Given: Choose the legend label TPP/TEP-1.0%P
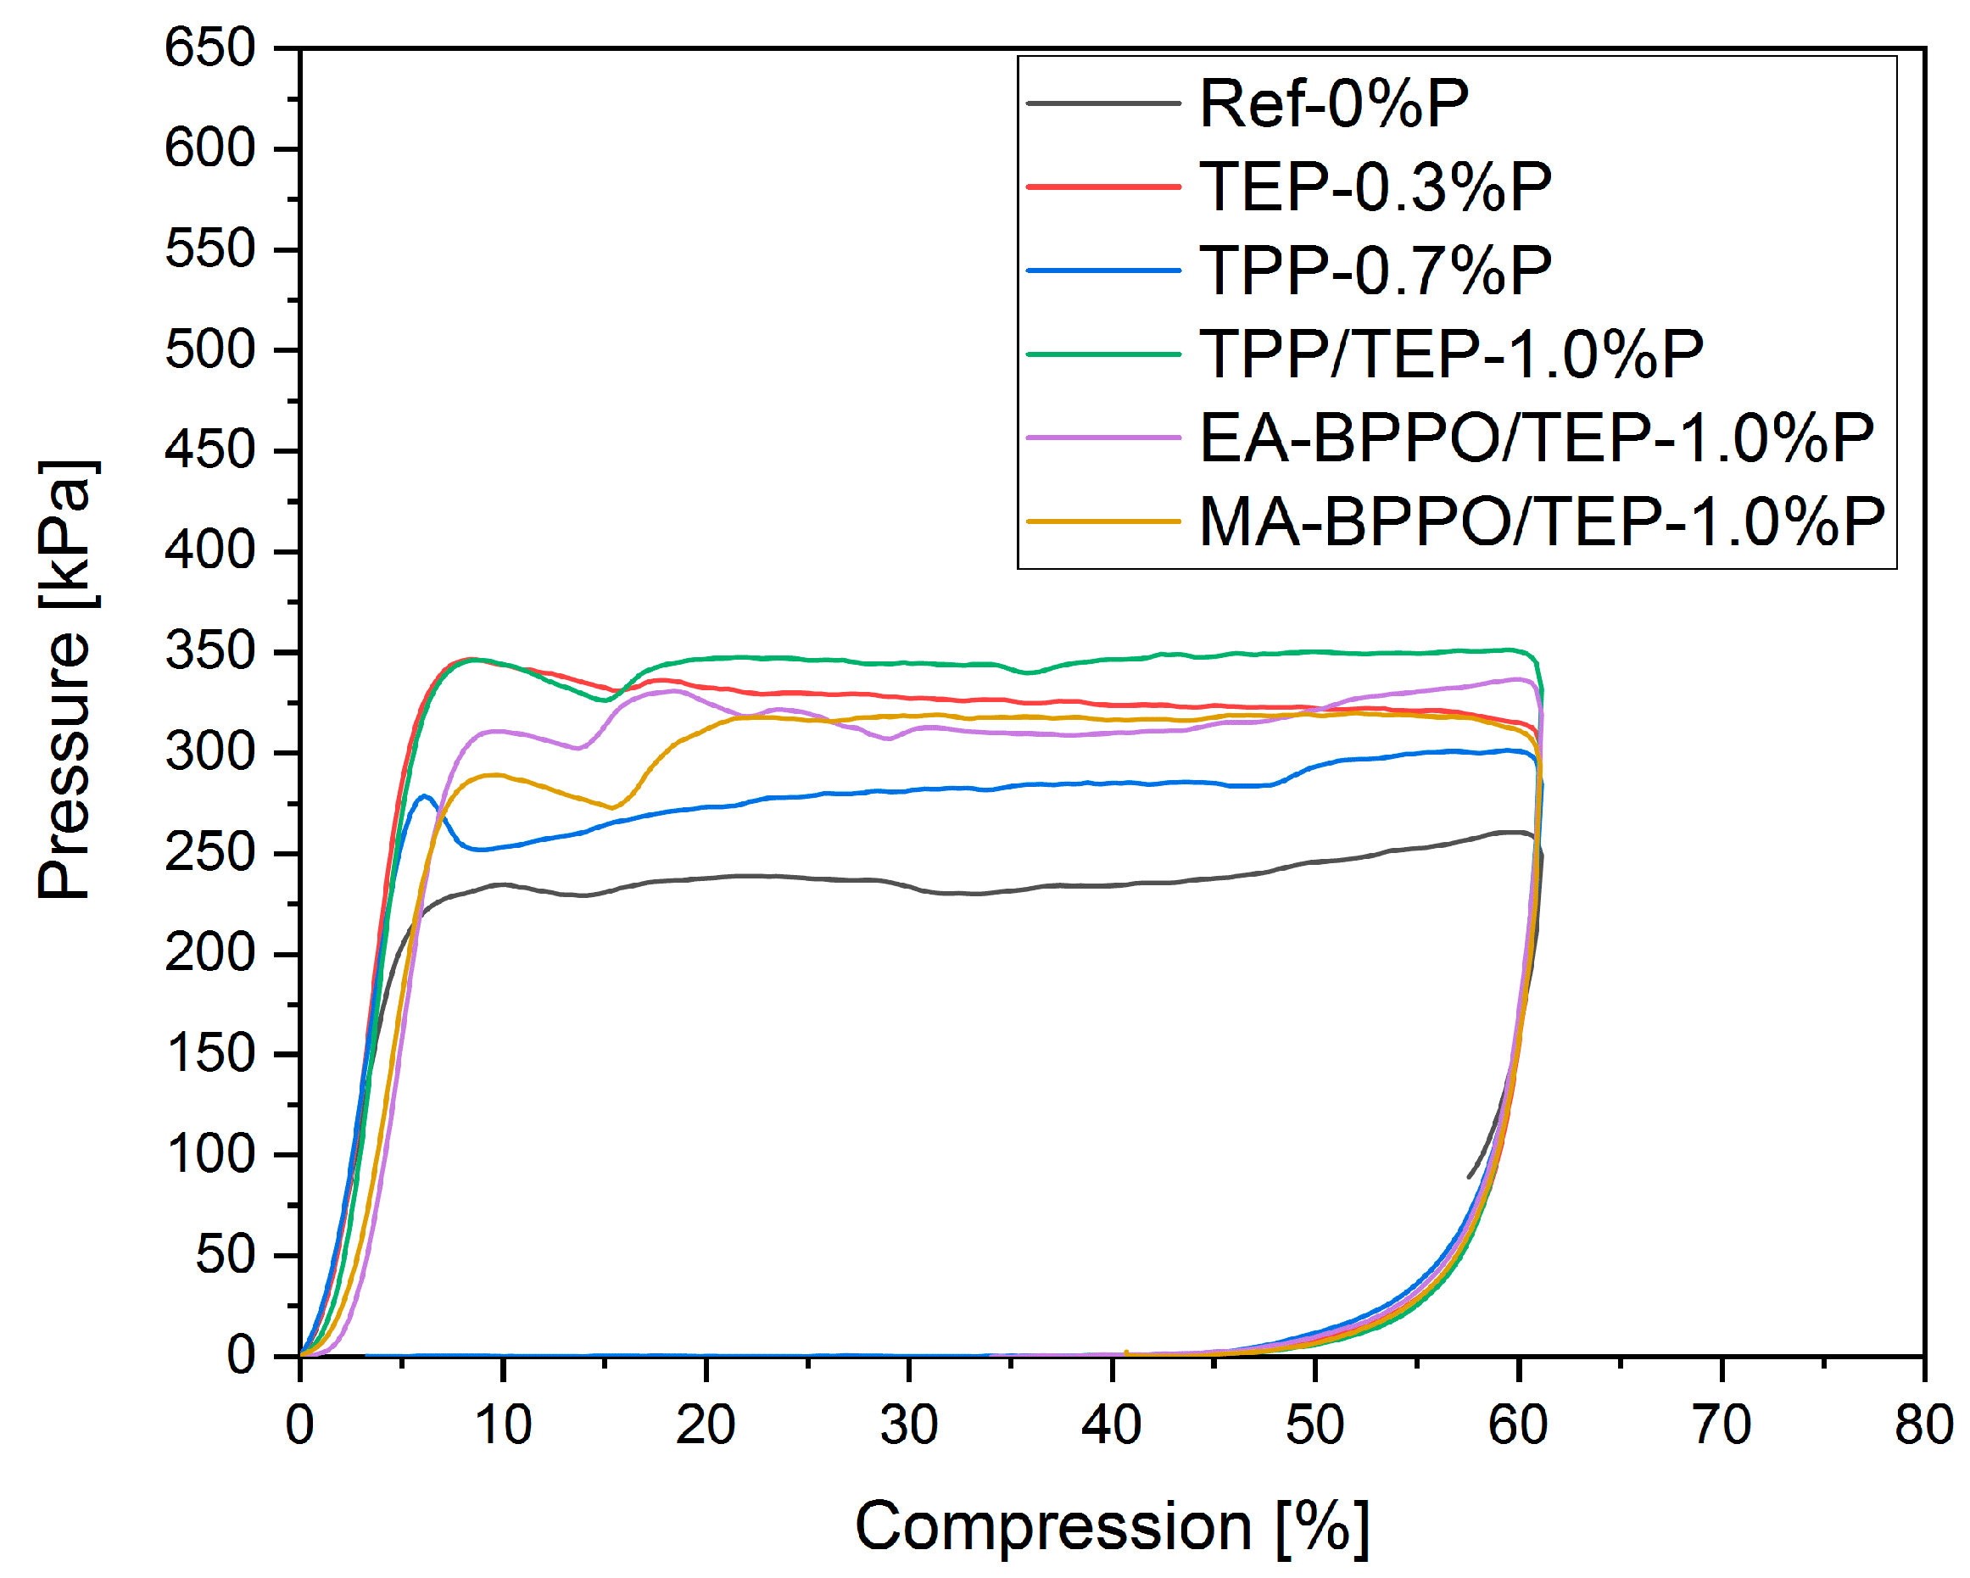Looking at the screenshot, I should tap(1450, 354).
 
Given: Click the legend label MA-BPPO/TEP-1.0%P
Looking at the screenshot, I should tap(1542, 521).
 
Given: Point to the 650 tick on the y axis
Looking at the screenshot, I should tap(209, 47).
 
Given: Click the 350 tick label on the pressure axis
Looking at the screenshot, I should tap(209, 651).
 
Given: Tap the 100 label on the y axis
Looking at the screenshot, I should tap(209, 1154).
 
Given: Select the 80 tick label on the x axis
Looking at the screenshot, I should tap(1923, 1425).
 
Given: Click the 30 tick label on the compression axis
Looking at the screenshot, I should tap(908, 1425).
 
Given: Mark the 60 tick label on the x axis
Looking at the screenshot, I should tap(1518, 1425).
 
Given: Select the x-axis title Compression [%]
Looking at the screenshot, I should tap(1111, 1526).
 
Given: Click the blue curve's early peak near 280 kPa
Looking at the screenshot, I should tap(424, 796).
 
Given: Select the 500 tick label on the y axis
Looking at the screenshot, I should tap(209, 350).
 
